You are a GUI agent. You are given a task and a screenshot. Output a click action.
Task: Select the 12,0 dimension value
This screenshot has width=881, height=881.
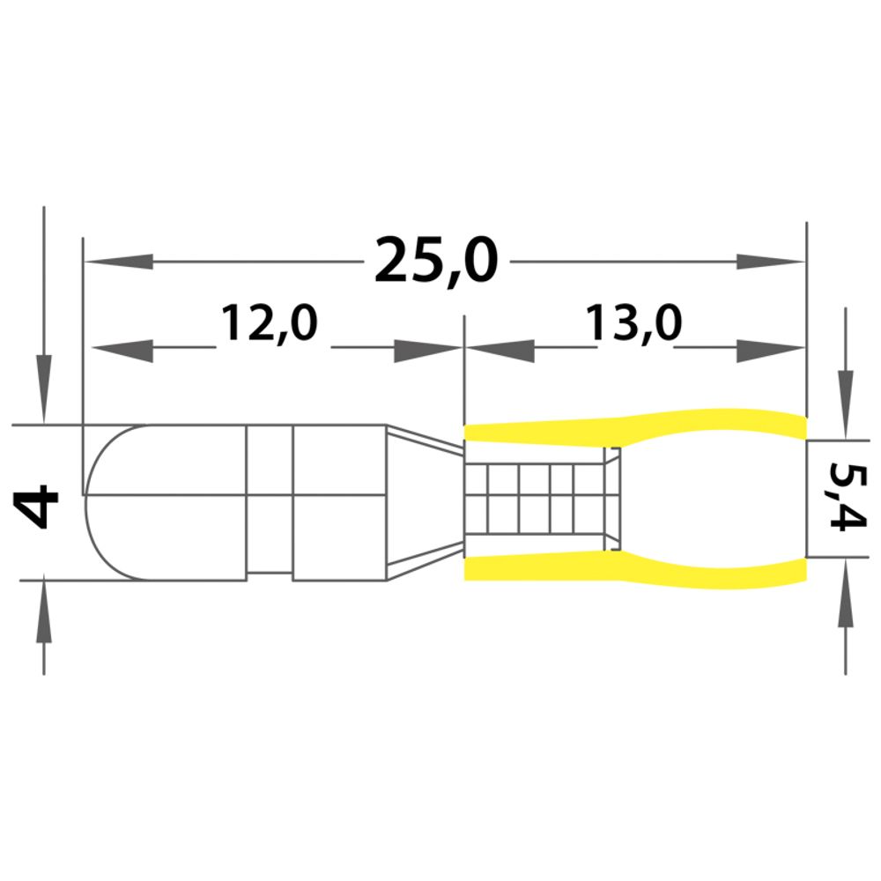pyautogui.click(x=269, y=323)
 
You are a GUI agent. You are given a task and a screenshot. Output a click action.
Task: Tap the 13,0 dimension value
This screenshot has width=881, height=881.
pyautogui.click(x=633, y=323)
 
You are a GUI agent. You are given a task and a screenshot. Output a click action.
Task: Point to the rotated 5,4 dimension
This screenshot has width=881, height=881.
pyautogui.click(x=848, y=496)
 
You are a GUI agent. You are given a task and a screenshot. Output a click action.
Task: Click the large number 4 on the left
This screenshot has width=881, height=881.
pyautogui.click(x=37, y=508)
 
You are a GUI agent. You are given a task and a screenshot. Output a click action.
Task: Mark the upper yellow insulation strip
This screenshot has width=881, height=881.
pyautogui.click(x=635, y=428)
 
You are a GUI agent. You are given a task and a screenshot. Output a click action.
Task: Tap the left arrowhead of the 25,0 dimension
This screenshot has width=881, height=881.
pyautogui.click(x=119, y=262)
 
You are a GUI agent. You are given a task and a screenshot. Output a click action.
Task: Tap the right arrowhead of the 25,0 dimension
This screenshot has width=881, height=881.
pyautogui.click(x=771, y=262)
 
